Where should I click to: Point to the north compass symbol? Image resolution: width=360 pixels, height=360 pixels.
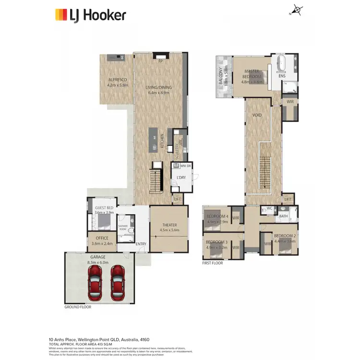pyautogui.click(x=296, y=11)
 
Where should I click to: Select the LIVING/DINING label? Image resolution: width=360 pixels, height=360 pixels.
pyautogui.click(x=159, y=87)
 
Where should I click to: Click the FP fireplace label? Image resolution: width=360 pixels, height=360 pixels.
pyautogui.click(x=160, y=60)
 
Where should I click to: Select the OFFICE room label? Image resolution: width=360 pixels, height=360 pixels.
pyautogui.click(x=102, y=238)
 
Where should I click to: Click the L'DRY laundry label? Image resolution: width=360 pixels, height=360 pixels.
pyautogui.click(x=181, y=178)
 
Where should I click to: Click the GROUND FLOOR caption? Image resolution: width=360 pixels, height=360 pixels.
pyautogui.click(x=78, y=307)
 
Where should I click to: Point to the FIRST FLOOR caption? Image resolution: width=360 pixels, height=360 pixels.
pyautogui.click(x=213, y=263)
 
